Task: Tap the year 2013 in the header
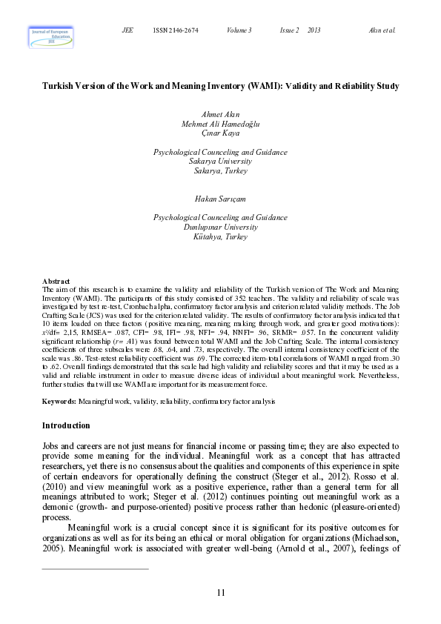coord(314,30)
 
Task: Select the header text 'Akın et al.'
coord(382,30)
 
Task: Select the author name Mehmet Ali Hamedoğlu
coord(220,124)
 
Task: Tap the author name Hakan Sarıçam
coord(220,199)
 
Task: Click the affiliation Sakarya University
coord(220,161)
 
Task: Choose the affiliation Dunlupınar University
coord(220,228)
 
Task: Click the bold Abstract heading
coord(56,281)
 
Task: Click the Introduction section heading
coord(66,425)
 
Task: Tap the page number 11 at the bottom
coord(221,591)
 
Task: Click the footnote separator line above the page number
coord(96,569)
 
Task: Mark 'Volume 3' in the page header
coord(239,30)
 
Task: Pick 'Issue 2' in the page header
coord(289,30)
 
